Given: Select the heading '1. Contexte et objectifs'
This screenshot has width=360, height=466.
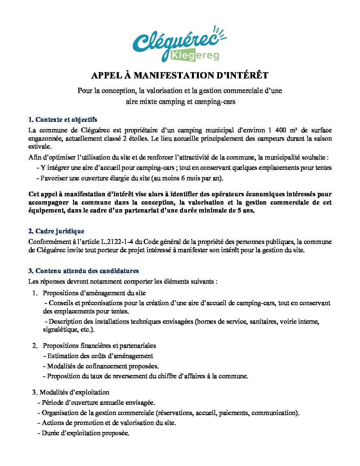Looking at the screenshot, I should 63,119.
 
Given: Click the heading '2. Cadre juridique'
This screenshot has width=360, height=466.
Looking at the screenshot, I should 56,231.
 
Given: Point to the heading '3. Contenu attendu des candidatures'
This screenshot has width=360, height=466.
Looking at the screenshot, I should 84,271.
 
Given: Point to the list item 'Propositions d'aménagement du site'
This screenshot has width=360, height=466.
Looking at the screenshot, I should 94,293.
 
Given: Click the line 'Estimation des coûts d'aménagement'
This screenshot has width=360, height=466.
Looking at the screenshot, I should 100,356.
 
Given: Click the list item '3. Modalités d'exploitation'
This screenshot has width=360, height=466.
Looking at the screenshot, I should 71,392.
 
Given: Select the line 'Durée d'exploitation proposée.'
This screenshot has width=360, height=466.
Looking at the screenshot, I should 85,433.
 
